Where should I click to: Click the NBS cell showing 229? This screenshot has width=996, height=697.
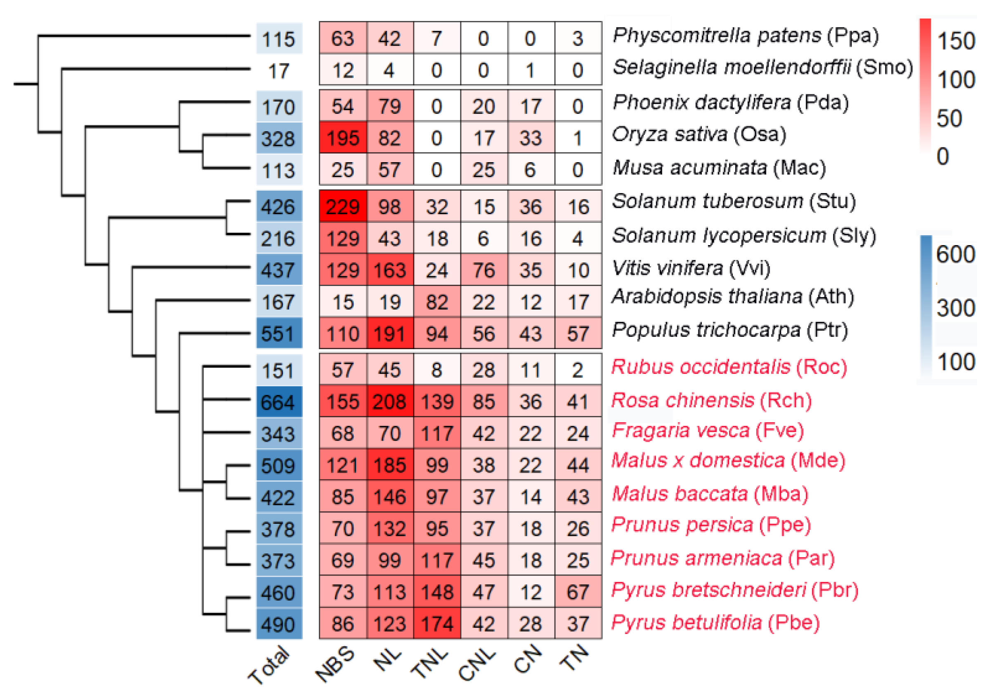[x=343, y=207]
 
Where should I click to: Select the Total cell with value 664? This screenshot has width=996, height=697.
[x=279, y=402]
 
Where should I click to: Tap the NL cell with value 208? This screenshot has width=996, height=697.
[x=389, y=402]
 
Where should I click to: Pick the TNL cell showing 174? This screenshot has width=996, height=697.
[x=437, y=624]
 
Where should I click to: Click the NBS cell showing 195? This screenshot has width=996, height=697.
[x=343, y=138]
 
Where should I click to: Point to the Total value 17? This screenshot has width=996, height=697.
[x=279, y=71]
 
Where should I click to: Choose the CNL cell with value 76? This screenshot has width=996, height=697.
[x=484, y=270]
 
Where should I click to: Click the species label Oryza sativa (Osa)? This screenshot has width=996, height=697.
[x=699, y=135]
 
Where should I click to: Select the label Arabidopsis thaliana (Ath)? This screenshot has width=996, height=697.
[x=733, y=297]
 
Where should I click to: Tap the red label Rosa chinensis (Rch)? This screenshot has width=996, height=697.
[x=711, y=400]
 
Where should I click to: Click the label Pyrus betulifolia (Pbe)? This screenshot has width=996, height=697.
[x=715, y=622]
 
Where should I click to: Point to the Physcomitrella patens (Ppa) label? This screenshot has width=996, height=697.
[x=746, y=35]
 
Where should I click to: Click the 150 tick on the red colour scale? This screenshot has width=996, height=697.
[x=956, y=41]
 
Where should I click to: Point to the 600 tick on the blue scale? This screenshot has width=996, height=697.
[x=956, y=254]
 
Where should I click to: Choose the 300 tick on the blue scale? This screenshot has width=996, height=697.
[x=956, y=308]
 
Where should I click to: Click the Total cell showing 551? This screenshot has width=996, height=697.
[x=279, y=334]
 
